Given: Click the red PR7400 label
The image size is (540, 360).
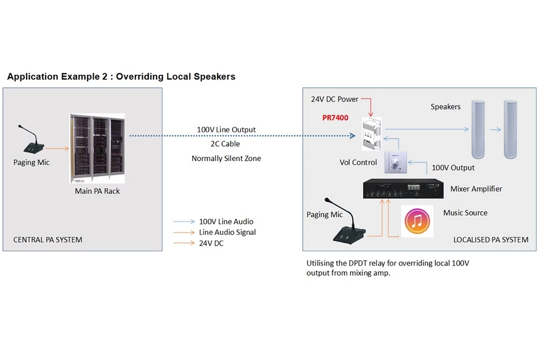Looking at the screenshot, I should (335, 118).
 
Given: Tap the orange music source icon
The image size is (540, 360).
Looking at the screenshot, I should (417, 221).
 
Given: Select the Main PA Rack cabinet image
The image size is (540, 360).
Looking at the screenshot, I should (97, 148).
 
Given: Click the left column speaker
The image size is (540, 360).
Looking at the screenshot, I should (480, 129).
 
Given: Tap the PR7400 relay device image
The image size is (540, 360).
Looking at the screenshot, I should (372, 134).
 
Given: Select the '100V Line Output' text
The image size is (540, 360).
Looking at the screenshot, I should (226, 130).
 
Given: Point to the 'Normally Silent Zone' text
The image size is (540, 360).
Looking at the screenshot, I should (226, 158).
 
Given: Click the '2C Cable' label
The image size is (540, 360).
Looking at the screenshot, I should (226, 144).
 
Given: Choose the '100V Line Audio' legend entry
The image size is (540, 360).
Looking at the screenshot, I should (226, 222).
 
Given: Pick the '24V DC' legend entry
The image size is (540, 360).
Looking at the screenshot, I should (211, 243).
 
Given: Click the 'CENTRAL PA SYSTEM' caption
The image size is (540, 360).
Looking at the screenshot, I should (48, 239).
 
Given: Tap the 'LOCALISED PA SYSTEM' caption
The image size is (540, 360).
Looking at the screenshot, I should (490, 239).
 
